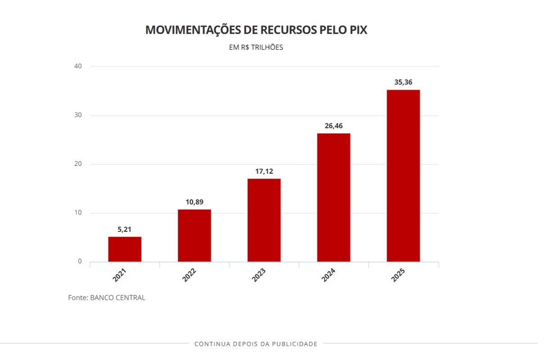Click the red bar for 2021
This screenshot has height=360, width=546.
pos(125,249)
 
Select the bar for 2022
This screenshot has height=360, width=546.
pos(194,235)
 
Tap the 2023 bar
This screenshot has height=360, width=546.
pos(264,220)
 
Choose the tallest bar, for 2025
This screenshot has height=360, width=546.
pos(403,175)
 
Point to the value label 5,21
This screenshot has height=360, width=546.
pos(125,229)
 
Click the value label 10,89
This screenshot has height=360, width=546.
pos(194,202)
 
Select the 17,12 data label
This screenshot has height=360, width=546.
pos(264,171)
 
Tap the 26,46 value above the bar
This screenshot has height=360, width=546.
pos(334,126)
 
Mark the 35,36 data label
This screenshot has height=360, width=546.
pos(403,82)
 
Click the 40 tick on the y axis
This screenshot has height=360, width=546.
pos(78,66)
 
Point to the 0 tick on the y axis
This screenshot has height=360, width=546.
pos(80,261)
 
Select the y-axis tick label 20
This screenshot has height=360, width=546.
pos(78,164)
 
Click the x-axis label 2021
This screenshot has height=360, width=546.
pos(119,275)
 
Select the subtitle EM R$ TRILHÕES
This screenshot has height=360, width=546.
pos(256,47)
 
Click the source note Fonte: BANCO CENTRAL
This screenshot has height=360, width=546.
pos(107,298)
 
